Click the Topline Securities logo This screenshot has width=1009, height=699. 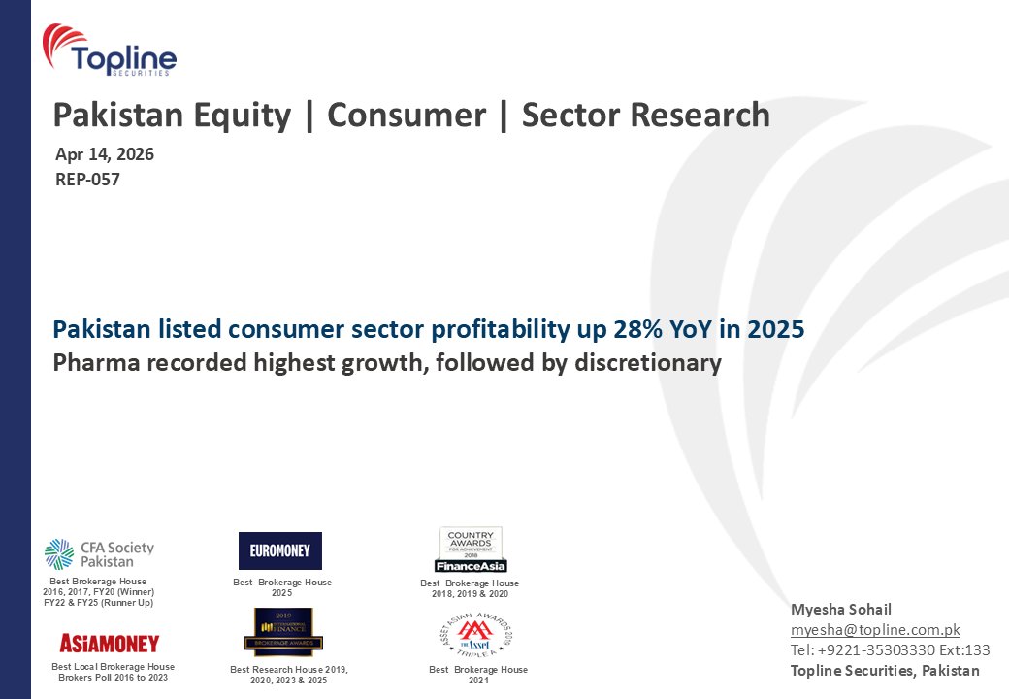[110, 50]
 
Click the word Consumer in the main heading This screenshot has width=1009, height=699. [407, 116]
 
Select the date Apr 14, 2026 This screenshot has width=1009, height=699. [105, 153]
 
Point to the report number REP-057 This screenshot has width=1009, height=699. [87, 179]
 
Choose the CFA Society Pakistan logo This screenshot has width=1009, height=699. [99, 553]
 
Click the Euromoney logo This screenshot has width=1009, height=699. [279, 550]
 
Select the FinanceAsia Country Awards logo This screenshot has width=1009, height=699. [471, 549]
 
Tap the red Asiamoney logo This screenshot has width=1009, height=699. [109, 643]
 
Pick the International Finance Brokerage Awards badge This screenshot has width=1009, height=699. [282, 632]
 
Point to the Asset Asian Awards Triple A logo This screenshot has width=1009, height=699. [475, 635]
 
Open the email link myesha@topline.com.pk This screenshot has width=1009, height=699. [875, 630]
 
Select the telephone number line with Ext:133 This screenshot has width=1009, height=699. [890, 650]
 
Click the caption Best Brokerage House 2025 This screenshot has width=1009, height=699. [282, 587]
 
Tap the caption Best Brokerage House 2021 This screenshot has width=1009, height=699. [478, 675]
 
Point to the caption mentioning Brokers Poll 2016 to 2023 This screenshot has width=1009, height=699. [113, 672]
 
